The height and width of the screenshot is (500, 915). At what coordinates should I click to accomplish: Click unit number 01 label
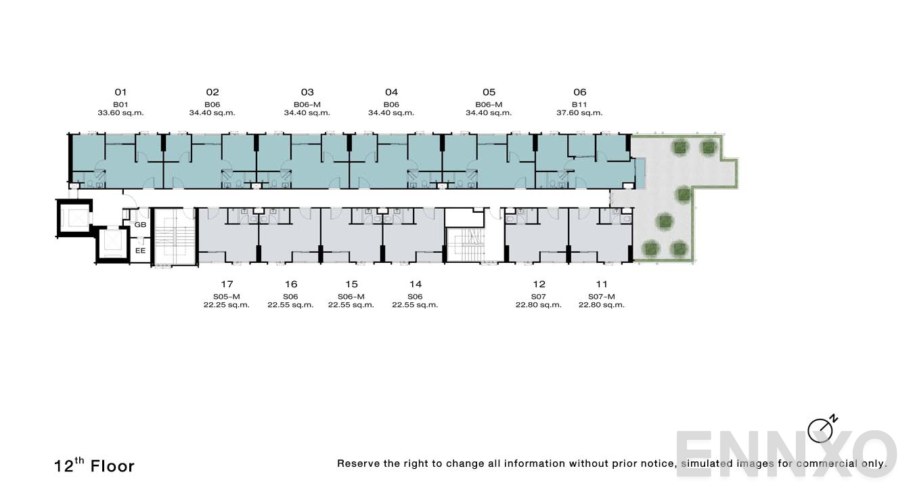(120, 92)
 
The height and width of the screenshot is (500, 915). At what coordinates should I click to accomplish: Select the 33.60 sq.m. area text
(120, 112)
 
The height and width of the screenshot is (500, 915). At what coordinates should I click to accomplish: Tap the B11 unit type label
(579, 104)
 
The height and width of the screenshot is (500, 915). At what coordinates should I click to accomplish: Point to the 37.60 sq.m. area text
(579, 112)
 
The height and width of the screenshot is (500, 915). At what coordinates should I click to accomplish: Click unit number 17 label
(227, 284)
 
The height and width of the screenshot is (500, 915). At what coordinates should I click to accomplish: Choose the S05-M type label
(226, 296)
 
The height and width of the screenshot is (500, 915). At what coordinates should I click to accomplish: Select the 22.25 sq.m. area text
(226, 305)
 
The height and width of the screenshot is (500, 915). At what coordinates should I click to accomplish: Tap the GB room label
(140, 224)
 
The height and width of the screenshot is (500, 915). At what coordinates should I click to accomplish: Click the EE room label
(140, 250)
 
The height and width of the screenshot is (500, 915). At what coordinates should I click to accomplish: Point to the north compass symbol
(822, 430)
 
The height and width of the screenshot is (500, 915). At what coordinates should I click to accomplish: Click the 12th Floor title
(94, 465)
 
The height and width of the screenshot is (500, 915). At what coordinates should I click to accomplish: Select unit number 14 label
(416, 284)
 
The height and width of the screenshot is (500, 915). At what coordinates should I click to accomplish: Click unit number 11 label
(601, 284)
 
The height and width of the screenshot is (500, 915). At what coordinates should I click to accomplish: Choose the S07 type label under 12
(539, 296)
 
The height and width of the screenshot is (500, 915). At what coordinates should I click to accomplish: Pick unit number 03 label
(307, 92)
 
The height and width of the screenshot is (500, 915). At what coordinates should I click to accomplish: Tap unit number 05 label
(489, 92)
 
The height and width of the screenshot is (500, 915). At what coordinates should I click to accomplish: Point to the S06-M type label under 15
(351, 296)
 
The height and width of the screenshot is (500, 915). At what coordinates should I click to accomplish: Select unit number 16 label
(291, 284)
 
